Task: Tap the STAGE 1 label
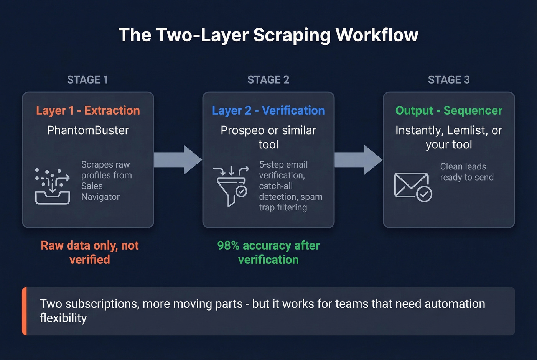87,80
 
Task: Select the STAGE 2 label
268,80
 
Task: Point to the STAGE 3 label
448,80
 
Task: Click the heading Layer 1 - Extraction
88,110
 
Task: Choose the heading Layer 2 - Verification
268,110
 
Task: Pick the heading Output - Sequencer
448,110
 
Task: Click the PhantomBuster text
88,130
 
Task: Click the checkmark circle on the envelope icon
424,194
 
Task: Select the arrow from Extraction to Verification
178,160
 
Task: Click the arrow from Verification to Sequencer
358,160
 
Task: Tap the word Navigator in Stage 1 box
100,197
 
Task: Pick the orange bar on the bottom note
25,311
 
